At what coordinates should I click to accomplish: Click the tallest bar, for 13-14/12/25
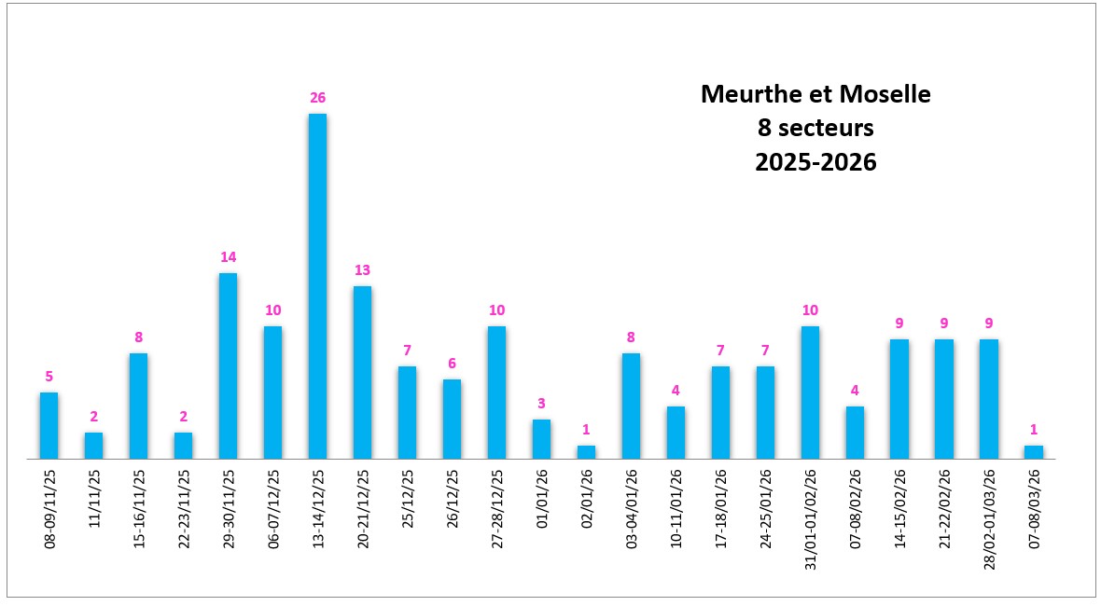coord(317,286)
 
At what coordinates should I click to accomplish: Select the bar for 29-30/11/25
coord(228,365)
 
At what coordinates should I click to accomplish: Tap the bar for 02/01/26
coord(586,452)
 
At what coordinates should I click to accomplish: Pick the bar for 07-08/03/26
coord(1033,452)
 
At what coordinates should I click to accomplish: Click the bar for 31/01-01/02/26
coord(810,393)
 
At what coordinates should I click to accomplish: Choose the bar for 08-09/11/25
coord(49,425)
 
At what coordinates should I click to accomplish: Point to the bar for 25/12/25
coord(407,412)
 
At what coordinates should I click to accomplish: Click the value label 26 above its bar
coord(317,98)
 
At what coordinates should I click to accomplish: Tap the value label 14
coord(228,257)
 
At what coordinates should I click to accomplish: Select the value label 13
coord(362,270)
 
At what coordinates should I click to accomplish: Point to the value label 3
coord(541,404)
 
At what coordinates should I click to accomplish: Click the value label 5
coord(49,377)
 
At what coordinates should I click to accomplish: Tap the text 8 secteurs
coord(815,128)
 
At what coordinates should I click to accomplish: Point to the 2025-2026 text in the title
coord(815,161)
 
